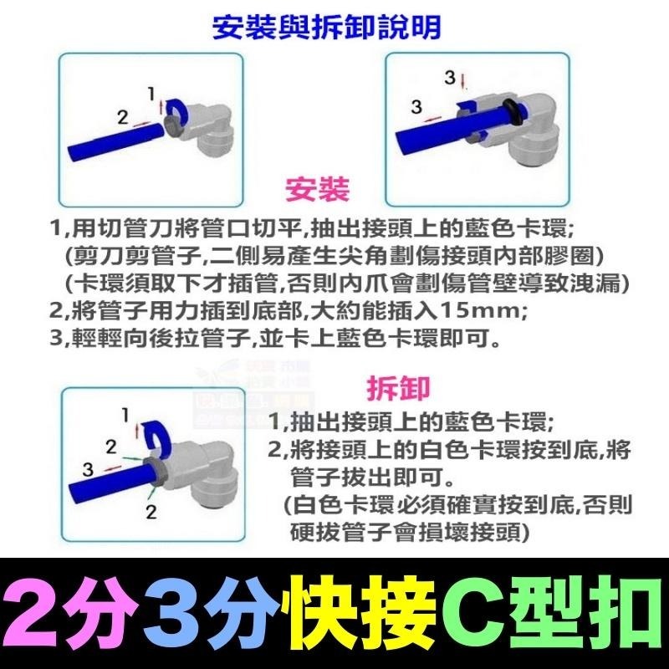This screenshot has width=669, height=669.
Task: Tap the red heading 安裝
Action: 317,189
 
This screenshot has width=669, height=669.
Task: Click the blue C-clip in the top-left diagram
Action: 177,108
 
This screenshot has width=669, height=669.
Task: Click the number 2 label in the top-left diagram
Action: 122,118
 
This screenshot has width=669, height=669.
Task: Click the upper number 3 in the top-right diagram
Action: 449,78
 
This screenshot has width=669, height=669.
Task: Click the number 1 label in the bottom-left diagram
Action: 125,414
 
